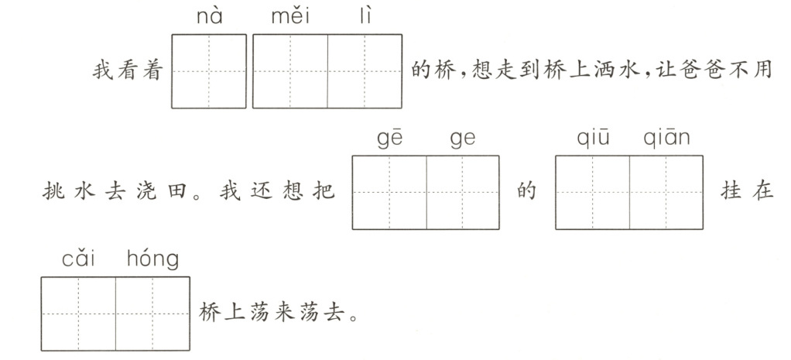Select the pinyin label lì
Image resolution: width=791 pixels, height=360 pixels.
(x=365, y=16)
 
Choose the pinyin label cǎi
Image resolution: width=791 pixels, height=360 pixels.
(x=78, y=259)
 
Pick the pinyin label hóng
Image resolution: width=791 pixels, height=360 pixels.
(x=152, y=259)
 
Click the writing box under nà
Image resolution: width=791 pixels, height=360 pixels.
(x=209, y=70)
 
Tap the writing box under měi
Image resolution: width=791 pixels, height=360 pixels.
(x=290, y=70)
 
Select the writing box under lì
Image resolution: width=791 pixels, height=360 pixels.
(x=365, y=70)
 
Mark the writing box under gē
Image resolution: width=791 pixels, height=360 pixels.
(x=389, y=192)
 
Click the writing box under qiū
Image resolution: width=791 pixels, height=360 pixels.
(x=592, y=192)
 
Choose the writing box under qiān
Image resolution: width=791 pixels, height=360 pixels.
(x=666, y=192)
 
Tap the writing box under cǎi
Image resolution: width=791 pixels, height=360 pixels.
(x=78, y=314)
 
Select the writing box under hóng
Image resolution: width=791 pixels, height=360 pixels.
(x=152, y=314)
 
